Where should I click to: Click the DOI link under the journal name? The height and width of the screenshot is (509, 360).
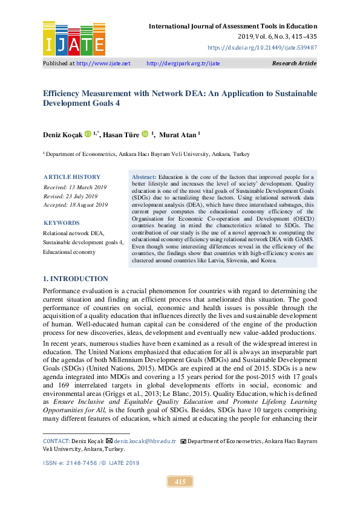point(262,47)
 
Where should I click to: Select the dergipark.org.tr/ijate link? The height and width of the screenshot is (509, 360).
point(183,63)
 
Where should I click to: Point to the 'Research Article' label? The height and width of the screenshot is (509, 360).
point(295,63)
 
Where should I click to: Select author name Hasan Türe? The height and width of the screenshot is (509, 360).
point(121,134)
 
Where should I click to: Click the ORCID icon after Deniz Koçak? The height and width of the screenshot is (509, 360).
point(88,134)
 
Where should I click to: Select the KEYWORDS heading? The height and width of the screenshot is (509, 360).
point(62,223)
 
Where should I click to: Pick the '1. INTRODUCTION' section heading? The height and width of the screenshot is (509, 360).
point(76,279)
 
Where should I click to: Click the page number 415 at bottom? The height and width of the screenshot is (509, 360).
point(180,482)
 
